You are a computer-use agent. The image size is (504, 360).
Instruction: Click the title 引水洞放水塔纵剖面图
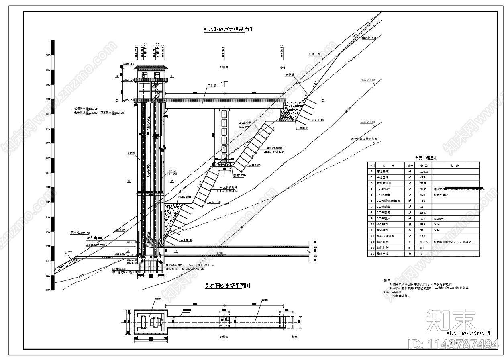point(229,29)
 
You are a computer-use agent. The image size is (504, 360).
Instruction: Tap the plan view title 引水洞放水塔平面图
point(227,286)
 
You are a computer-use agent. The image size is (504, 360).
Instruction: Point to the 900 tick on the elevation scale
point(48,55)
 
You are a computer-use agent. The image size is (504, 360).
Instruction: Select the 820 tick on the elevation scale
point(48,290)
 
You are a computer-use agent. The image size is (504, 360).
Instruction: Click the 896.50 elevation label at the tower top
point(129,64)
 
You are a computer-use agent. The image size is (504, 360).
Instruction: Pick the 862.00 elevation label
point(255,166)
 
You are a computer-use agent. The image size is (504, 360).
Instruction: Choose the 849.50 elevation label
point(215,202)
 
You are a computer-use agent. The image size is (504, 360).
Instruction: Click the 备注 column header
point(454,166)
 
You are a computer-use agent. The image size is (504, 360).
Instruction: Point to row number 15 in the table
point(372,254)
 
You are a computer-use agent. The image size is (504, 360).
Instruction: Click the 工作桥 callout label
point(212,86)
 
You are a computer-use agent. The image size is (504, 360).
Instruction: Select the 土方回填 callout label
point(302,128)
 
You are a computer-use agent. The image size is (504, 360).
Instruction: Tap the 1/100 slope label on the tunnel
point(220,253)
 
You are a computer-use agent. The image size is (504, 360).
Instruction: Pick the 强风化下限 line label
point(367,80)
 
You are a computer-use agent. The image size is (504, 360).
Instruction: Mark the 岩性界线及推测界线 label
point(365,139)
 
